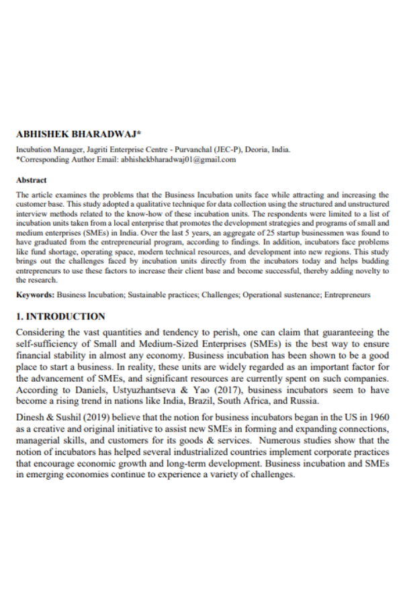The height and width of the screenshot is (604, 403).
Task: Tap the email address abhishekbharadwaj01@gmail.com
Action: point(178,160)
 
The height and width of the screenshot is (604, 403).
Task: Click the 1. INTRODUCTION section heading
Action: point(60,317)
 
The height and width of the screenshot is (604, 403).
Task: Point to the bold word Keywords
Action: point(35,295)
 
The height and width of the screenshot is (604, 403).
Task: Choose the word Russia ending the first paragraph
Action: point(303,401)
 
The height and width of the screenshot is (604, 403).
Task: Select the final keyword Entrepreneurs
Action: point(347,295)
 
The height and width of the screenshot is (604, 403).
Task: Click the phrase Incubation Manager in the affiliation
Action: point(42,150)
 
